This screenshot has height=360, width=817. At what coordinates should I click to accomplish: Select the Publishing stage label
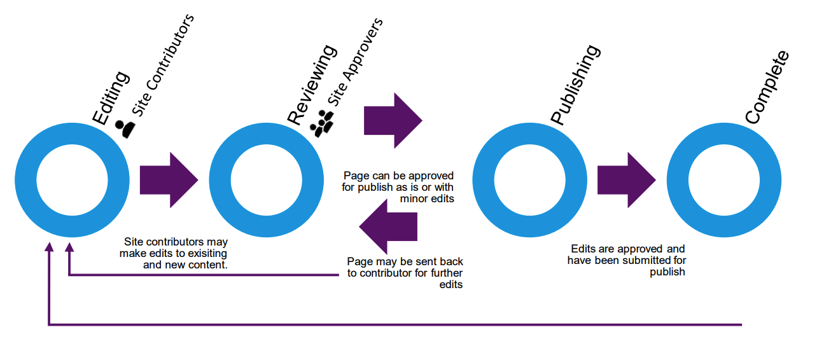(x=575, y=85)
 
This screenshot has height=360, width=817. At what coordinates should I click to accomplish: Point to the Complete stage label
(x=767, y=87)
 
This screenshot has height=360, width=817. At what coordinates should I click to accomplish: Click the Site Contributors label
(x=162, y=64)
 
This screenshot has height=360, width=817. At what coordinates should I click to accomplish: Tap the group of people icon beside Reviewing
(x=322, y=122)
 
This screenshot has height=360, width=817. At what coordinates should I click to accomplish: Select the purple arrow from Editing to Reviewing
(x=169, y=180)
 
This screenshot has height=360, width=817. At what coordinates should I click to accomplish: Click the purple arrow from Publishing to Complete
(x=626, y=180)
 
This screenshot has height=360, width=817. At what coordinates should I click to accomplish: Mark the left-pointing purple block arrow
(x=388, y=227)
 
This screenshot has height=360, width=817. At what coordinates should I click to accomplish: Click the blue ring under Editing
(x=24, y=180)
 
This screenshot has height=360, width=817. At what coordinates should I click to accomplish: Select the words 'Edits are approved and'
(x=627, y=249)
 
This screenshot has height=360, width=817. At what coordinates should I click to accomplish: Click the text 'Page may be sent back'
(x=405, y=261)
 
